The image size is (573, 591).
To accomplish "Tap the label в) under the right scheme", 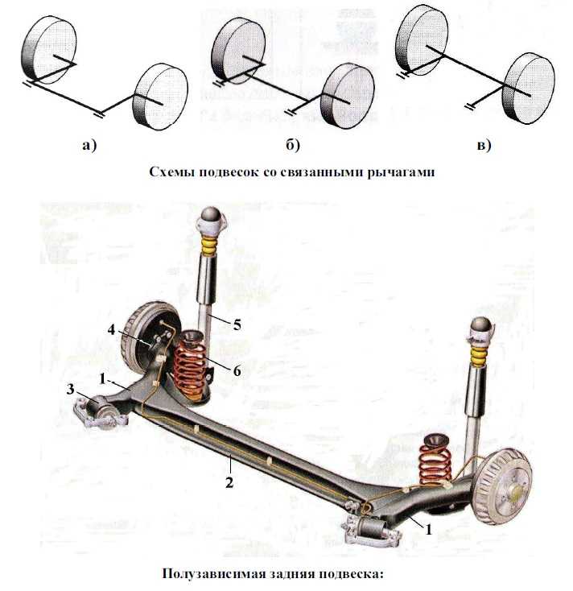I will pyautogui.click(x=483, y=146).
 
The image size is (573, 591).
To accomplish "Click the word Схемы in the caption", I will pyautogui.click(x=171, y=172).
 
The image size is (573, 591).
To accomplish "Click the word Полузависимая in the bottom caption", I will pyautogui.click(x=211, y=574).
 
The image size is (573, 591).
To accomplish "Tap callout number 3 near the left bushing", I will pyautogui.click(x=72, y=390).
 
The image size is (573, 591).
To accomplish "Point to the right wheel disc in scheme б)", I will pyautogui.click(x=347, y=95).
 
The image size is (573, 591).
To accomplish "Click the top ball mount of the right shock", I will pyautogui.click(x=482, y=326).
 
